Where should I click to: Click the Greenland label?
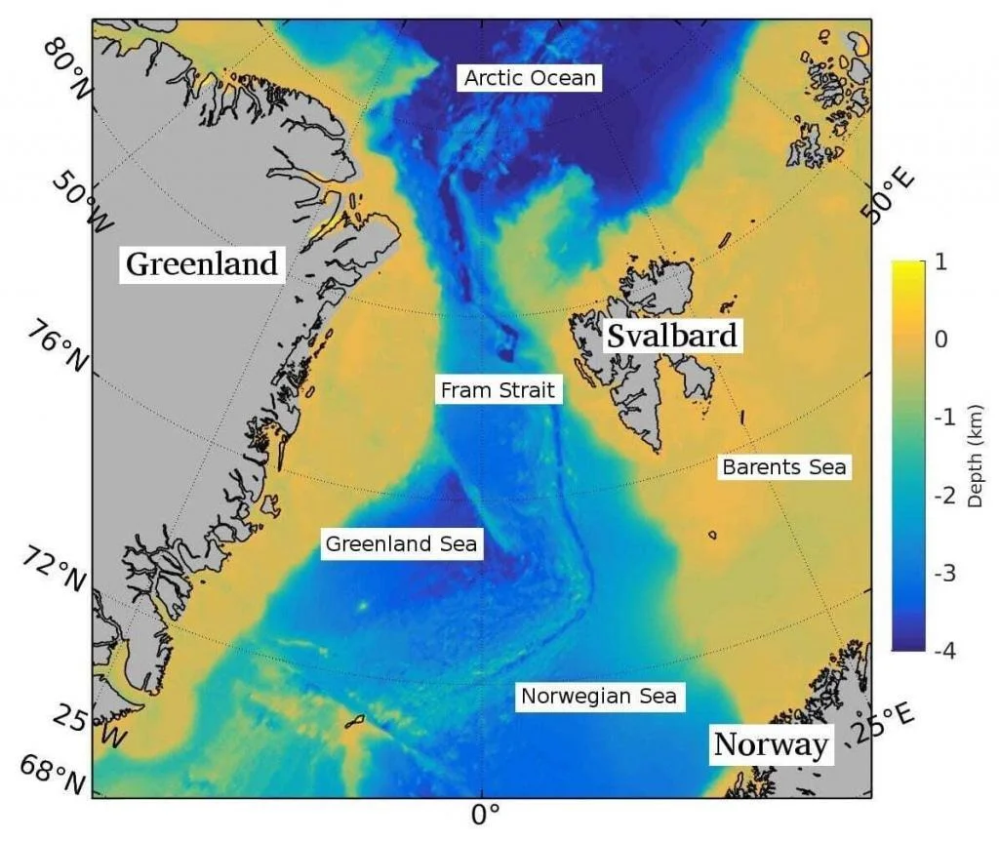pos(203,263)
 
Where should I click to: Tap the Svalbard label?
pos(671,336)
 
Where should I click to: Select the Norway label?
pos(771,744)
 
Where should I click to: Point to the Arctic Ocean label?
pos(530,78)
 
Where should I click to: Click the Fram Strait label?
pos(498,391)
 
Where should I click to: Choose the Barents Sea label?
pos(784,467)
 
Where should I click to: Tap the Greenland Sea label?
pos(401,543)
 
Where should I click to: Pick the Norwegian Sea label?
pos(598,697)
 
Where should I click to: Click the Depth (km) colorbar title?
pos(975,456)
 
